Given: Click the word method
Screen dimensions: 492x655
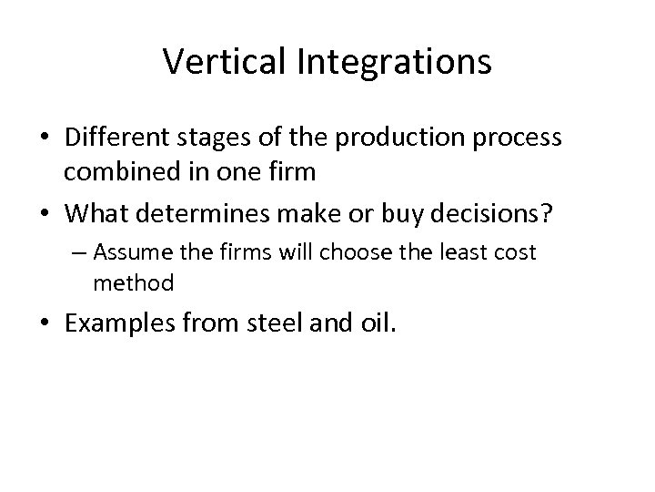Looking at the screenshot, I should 133,283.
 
